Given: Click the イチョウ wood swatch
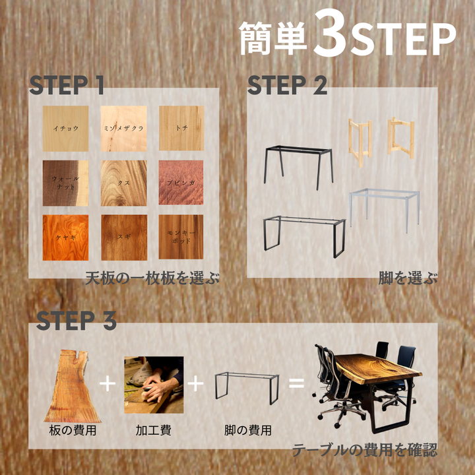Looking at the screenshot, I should click(65, 128).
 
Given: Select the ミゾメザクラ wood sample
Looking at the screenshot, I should click(123, 128).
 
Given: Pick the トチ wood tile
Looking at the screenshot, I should click(181, 128).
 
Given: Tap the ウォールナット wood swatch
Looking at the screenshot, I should click(65, 183).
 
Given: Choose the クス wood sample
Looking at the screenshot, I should click(123, 183).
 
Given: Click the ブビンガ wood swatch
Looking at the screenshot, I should click(181, 183).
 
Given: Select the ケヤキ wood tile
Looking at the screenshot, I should click(65, 236).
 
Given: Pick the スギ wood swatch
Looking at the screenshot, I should click(123, 236).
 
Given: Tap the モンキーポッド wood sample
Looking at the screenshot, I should click(181, 236).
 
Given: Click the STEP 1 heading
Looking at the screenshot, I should click(67, 85).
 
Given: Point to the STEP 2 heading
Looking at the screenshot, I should click(286, 85).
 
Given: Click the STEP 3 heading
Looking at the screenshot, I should click(76, 321).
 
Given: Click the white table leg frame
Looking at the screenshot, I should click(384, 208).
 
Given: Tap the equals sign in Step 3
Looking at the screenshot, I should click(297, 383).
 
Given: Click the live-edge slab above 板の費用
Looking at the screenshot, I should click(71, 386).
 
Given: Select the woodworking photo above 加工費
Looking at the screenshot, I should click(153, 385).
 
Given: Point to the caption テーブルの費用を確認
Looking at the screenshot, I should click(364, 451).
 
